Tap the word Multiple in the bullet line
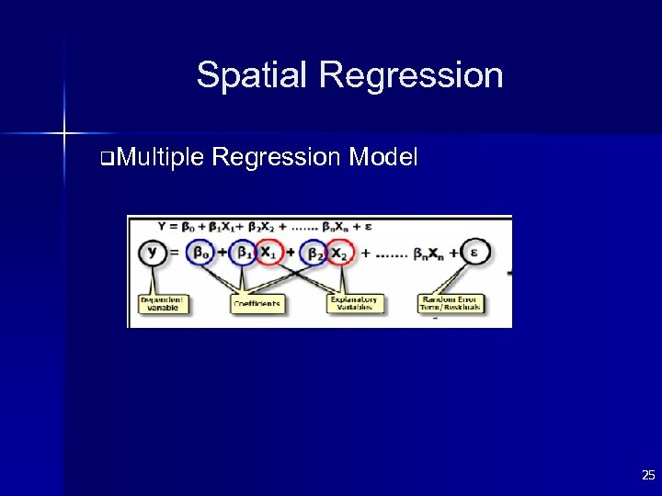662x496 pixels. pos(160,158)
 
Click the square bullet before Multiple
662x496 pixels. pos(109,159)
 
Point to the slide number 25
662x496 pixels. pos(648,476)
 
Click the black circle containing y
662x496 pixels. pos(153,252)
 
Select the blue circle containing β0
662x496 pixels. pos(200,252)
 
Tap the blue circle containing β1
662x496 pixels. pos(244,252)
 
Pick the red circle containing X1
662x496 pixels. pos(268,252)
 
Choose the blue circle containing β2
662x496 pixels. pos(315,252)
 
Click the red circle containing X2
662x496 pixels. pos(340,252)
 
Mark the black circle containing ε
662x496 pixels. pos(475,252)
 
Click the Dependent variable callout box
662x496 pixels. pos(163,303)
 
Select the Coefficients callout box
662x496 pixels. pos(257,303)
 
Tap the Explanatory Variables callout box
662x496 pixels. pos(354,303)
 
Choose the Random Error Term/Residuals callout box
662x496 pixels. pos(450,303)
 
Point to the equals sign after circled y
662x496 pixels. pos(175,253)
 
